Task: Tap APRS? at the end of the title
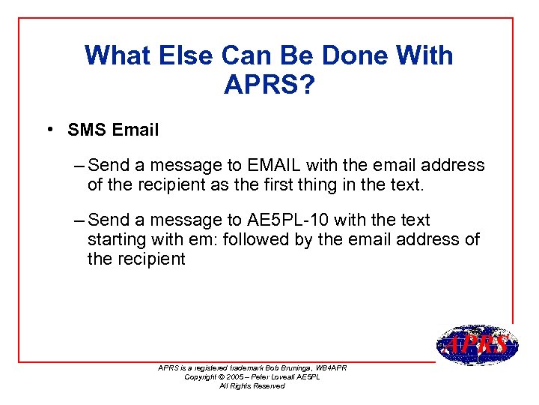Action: [269, 84]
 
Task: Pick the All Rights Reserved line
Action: [252, 385]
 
